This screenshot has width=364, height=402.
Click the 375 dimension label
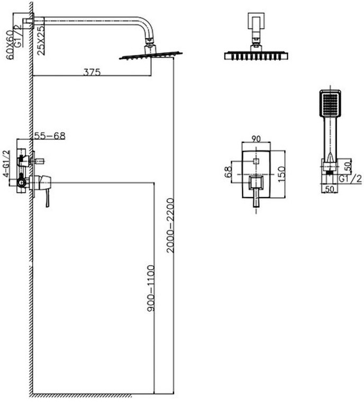tap(92, 72)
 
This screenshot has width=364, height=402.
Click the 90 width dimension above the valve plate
tap(256, 139)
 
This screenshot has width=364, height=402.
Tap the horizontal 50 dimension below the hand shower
tap(330, 188)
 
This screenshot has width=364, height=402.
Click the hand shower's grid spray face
tap(330, 103)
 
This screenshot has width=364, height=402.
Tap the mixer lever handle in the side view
tap(47, 196)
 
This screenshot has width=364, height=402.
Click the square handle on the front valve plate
tap(256, 184)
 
